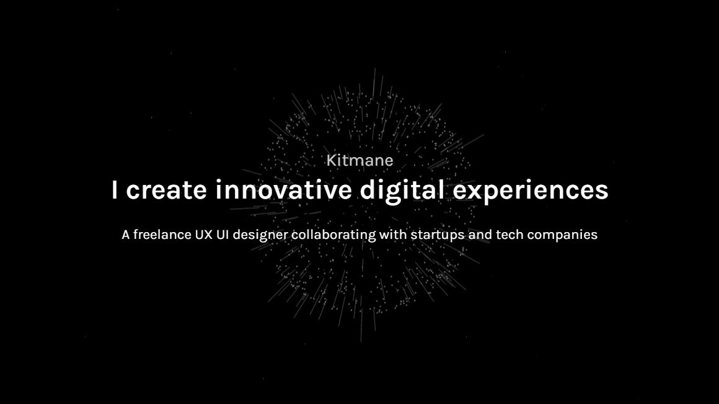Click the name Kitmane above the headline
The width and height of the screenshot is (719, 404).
[x=359, y=160]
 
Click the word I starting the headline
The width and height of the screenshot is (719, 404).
[x=114, y=190]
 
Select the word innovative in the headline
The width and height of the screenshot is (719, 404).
[x=283, y=190]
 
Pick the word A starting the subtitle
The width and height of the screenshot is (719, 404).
[x=125, y=235]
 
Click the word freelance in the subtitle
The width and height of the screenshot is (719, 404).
[x=157, y=235]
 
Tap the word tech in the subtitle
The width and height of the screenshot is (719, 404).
[x=509, y=235]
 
